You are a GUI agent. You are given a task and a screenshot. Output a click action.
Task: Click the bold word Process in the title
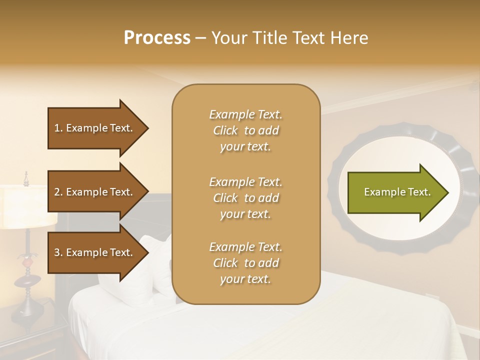pyautogui.click(x=157, y=38)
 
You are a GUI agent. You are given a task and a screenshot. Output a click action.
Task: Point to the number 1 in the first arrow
pyautogui.click(x=57, y=128)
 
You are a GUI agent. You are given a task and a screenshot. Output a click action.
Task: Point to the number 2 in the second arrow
pyautogui.click(x=57, y=192)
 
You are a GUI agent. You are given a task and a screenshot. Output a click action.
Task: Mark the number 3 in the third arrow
pyautogui.click(x=57, y=252)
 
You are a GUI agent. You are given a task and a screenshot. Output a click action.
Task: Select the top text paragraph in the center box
pyautogui.click(x=245, y=130)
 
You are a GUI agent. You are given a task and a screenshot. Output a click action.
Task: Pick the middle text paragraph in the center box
pyautogui.click(x=245, y=198)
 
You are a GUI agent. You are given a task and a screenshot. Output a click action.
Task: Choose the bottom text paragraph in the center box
pyautogui.click(x=245, y=263)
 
